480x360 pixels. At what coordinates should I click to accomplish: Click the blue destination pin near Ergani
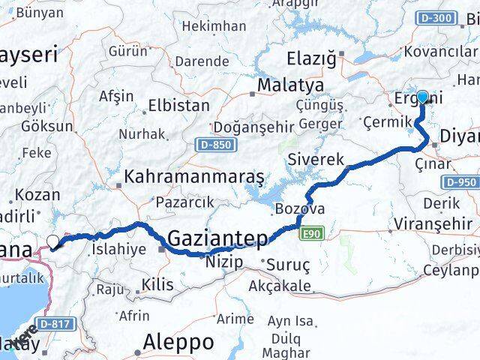click(422, 97)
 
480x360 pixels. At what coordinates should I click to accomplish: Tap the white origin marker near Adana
click(53, 241)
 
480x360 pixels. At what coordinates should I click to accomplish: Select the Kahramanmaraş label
click(194, 177)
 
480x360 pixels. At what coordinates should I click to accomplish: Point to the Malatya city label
click(290, 85)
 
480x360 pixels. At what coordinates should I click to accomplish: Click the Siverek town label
click(316, 160)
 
